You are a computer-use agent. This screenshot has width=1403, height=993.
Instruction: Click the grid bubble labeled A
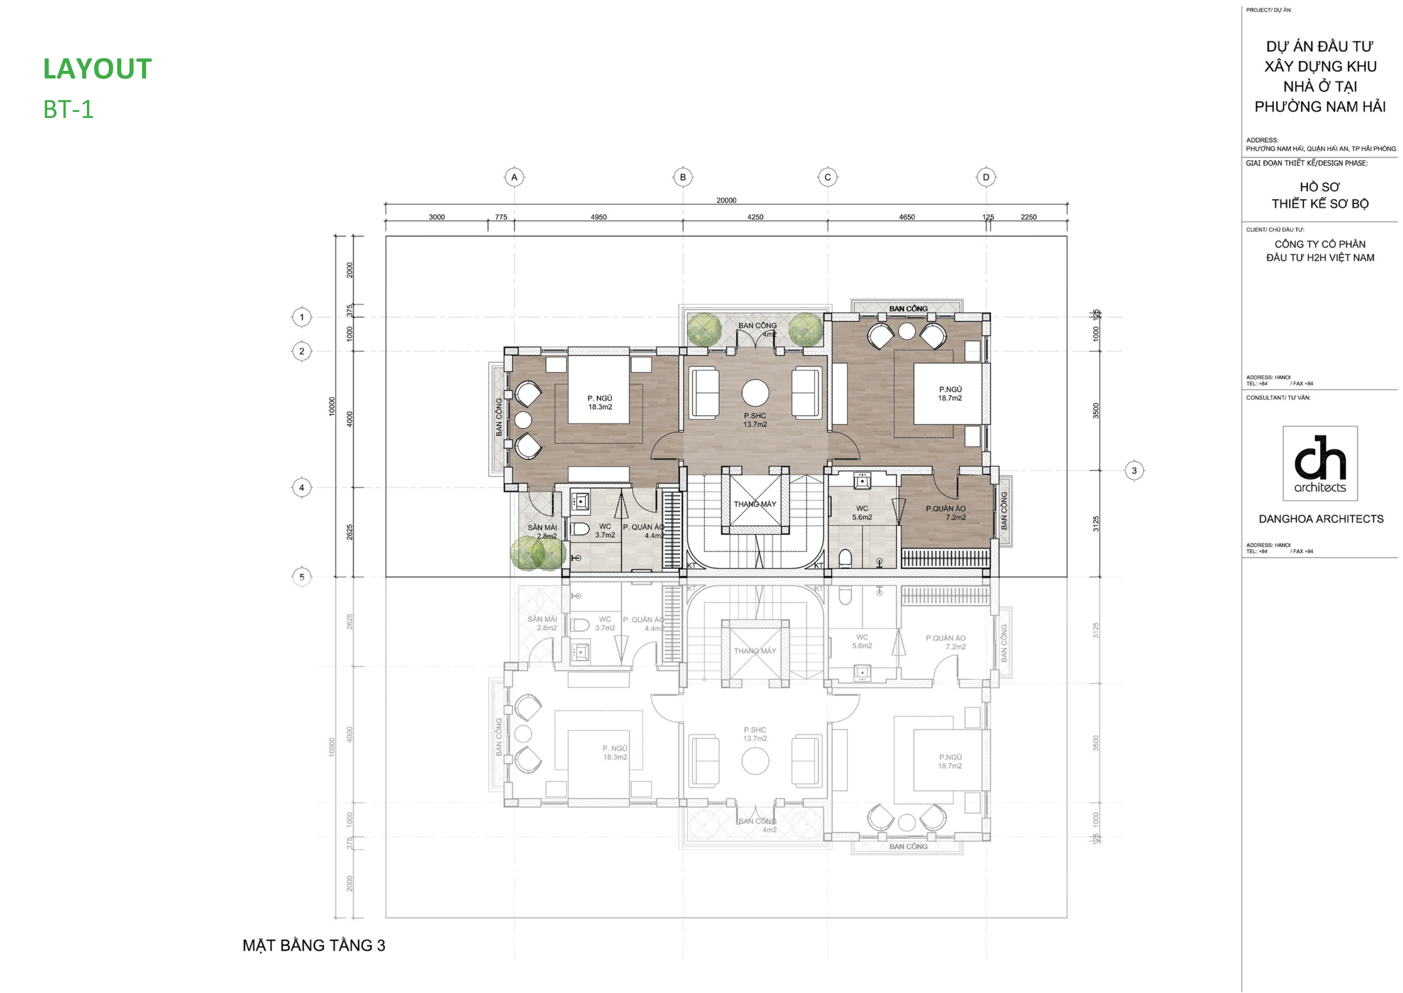pyautogui.click(x=514, y=177)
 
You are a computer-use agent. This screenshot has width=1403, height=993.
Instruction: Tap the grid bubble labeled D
pyautogui.click(x=986, y=177)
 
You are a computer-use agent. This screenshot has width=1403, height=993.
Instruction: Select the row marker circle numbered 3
pyautogui.click(x=1134, y=470)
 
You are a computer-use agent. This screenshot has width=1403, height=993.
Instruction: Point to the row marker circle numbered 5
pyautogui.click(x=301, y=577)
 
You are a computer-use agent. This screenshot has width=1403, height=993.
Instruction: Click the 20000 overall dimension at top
pyautogui.click(x=726, y=200)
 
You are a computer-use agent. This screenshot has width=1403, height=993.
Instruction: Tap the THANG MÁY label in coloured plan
pyautogui.click(x=755, y=504)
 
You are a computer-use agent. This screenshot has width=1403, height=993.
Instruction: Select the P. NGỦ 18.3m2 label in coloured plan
pyautogui.click(x=600, y=402)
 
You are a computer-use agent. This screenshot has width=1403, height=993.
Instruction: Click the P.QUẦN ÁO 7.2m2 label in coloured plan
pyautogui.click(x=946, y=512)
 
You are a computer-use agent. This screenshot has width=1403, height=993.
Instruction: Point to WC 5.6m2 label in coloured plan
pyautogui.click(x=862, y=512)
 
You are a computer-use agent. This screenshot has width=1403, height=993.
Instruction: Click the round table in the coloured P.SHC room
pyautogui.click(x=755, y=393)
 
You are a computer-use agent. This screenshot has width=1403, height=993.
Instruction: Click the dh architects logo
pyautogui.click(x=1320, y=463)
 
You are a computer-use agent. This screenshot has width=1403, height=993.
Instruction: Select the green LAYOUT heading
pyautogui.click(x=97, y=68)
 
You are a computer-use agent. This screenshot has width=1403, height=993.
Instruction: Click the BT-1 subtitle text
pyautogui.click(x=68, y=109)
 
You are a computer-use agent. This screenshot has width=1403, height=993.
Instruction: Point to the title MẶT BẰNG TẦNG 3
pyautogui.click(x=314, y=945)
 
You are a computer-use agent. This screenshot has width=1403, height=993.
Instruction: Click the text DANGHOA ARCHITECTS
pyautogui.click(x=1320, y=519)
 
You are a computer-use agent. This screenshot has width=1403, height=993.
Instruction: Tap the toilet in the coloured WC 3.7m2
pyautogui.click(x=579, y=528)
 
